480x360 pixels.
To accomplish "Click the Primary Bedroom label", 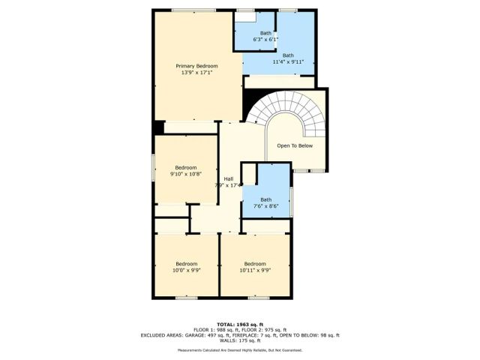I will [196, 66].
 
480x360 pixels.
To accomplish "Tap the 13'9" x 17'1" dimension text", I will [196, 73].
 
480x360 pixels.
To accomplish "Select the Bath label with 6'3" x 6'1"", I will [265, 33].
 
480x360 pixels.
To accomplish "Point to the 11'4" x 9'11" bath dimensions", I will [288, 61].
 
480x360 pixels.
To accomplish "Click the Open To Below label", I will [294, 145].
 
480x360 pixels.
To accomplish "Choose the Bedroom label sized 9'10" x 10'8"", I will [186, 167].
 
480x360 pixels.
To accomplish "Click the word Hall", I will [228, 178].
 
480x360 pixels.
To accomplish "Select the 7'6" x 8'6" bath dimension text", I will [265, 206].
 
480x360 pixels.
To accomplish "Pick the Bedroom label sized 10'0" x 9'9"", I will [186, 263].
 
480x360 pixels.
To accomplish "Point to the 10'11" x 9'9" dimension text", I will [255, 270].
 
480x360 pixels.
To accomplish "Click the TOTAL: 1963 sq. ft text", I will [240, 322].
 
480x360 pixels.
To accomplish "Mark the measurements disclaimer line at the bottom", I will [240, 351].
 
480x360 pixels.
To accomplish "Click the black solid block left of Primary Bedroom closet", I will [158, 127].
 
